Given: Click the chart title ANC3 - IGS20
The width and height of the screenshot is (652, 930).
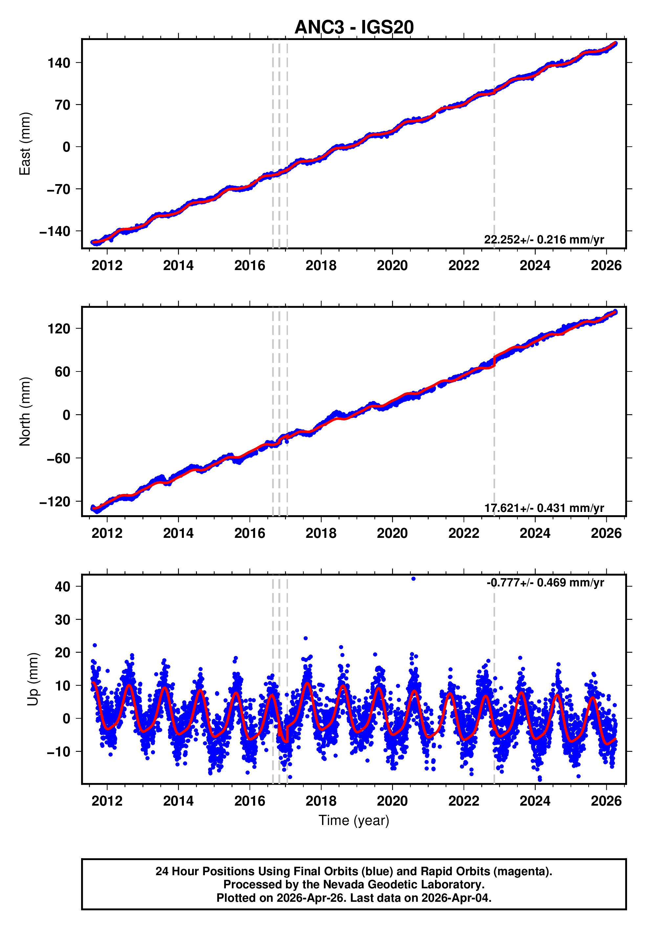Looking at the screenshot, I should [x=354, y=27].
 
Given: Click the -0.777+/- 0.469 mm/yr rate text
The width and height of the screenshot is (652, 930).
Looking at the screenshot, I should [x=545, y=582].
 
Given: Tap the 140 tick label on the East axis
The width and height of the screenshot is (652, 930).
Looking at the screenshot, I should [x=59, y=63].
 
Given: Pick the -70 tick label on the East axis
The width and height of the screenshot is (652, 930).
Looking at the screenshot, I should [x=59, y=189].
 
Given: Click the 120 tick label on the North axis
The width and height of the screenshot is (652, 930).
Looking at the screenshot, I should [x=59, y=328].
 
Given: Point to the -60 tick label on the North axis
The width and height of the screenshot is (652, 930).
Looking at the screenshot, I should [x=59, y=458].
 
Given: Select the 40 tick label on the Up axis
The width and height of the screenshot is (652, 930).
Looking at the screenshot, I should [x=63, y=586].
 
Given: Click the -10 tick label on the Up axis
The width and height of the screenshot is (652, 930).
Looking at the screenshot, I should [x=59, y=752].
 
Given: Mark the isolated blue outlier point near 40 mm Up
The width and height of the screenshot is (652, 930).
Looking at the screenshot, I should [x=413, y=579].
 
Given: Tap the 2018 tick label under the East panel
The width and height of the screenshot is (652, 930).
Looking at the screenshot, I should [x=321, y=266].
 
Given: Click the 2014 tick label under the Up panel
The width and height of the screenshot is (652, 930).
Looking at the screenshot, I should [x=178, y=801].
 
